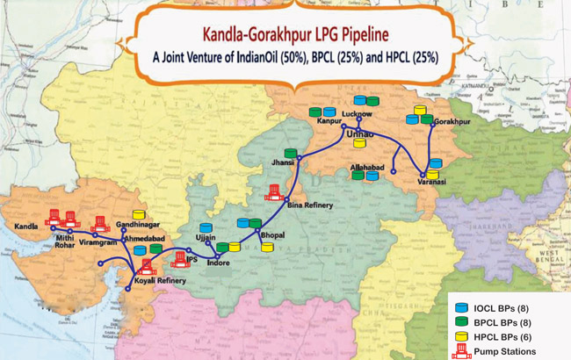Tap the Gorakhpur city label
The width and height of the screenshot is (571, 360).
453,123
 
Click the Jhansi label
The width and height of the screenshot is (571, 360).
284,163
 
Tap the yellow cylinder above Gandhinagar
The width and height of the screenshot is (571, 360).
138,215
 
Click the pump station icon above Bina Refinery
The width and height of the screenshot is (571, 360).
277,190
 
